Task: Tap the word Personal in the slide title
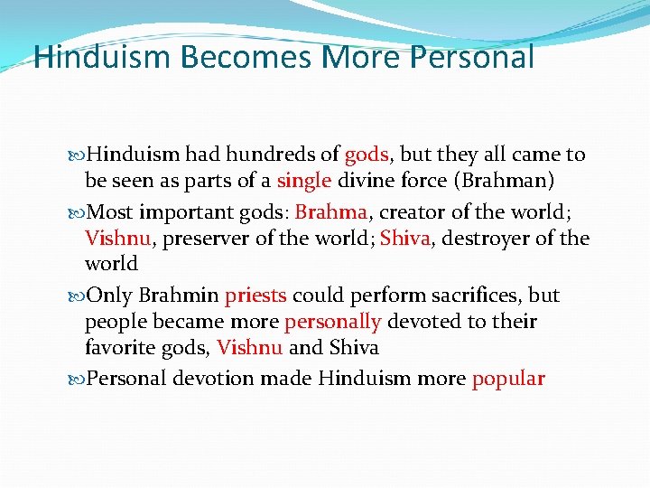coord(471,57)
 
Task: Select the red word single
coord(305,181)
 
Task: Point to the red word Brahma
coord(330,213)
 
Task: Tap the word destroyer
coord(506,239)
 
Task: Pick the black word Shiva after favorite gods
coord(354,348)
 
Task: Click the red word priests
coord(255,296)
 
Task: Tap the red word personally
coord(332,323)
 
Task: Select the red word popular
coord(508,379)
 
